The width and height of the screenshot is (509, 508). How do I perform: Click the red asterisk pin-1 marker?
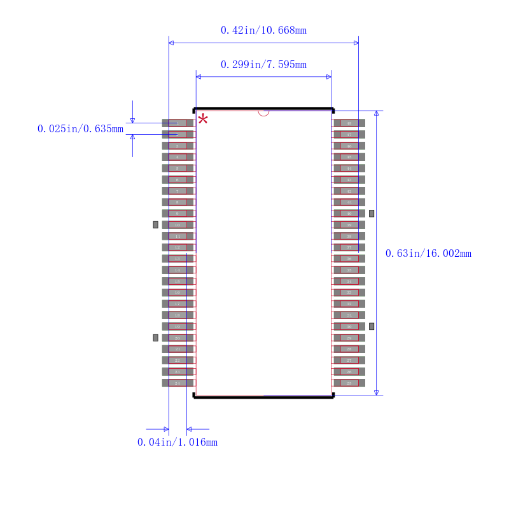click(203, 119)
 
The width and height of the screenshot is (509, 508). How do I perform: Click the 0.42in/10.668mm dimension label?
click(263, 31)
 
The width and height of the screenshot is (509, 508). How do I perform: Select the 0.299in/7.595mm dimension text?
click(263, 65)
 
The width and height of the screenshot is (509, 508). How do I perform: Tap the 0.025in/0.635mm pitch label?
click(80, 129)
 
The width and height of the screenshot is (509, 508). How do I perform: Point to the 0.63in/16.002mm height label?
click(428, 254)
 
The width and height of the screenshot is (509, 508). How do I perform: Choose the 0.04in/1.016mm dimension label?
click(178, 443)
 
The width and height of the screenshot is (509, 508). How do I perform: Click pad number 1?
click(178, 123)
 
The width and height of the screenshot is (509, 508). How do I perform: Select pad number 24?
click(178, 383)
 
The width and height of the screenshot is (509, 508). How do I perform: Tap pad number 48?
click(349, 123)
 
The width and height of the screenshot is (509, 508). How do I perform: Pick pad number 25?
click(349, 383)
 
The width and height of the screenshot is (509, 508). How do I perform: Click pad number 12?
click(178, 247)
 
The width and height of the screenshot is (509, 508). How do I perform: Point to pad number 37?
click(349, 247)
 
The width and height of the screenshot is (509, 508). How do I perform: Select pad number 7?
click(178, 191)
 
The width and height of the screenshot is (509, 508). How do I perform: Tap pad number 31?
click(349, 315)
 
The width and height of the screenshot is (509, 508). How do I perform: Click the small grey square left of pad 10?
click(155, 224)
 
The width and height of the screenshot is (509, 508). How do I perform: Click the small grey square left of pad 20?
click(155, 338)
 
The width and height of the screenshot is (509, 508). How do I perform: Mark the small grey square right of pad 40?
click(372, 213)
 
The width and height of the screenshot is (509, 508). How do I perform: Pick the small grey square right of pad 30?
click(372, 326)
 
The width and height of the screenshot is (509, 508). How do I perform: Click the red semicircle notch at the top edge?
click(263, 113)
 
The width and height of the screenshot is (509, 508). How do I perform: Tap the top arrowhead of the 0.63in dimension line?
click(376, 113)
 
